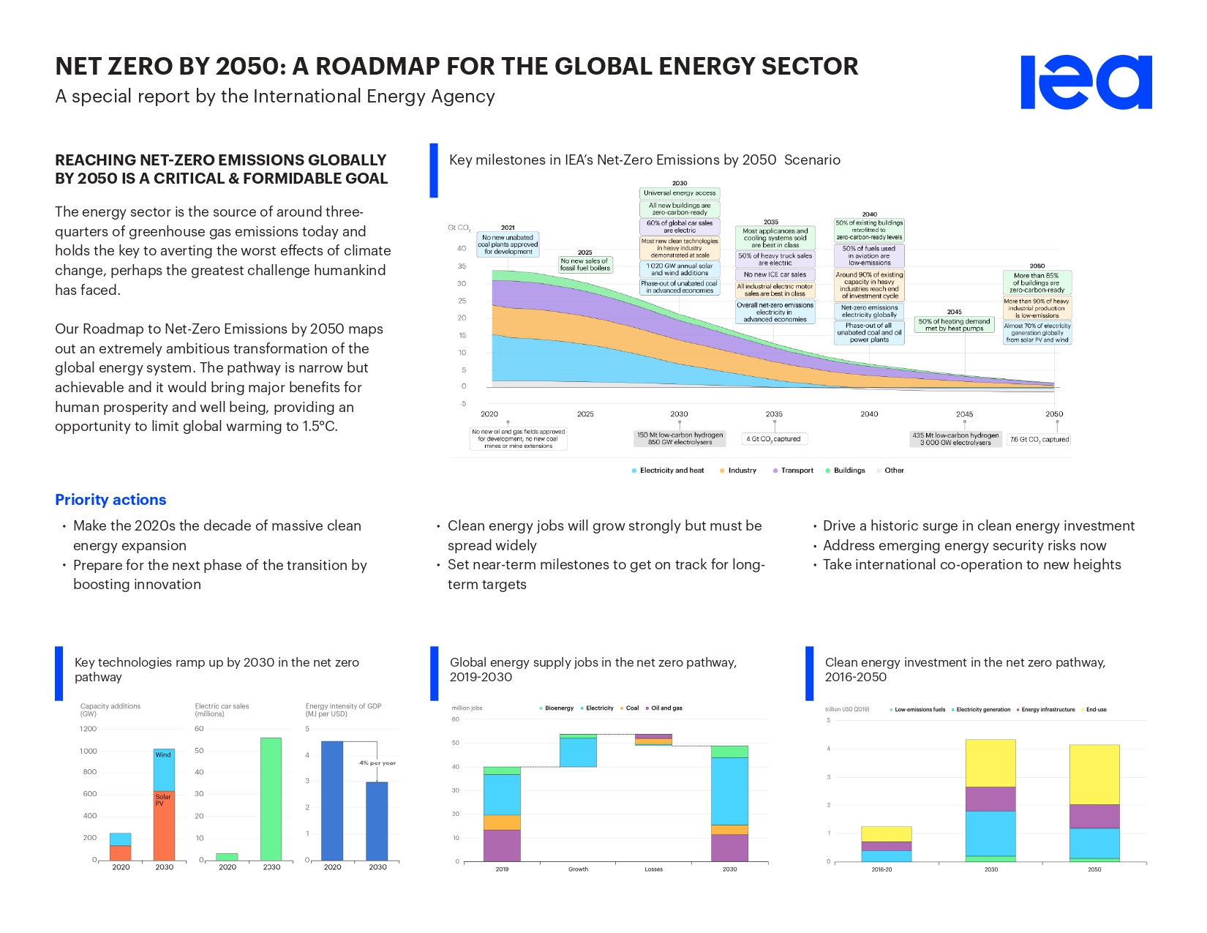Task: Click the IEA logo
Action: click(x=1086, y=82)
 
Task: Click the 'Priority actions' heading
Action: click(x=110, y=500)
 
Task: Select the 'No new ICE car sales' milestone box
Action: click(x=775, y=274)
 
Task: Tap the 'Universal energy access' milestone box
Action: click(x=680, y=193)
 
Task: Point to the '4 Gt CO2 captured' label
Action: click(x=774, y=439)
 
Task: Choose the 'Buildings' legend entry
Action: click(x=849, y=471)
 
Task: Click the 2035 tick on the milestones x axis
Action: click(x=774, y=414)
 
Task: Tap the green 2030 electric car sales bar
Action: click(x=271, y=798)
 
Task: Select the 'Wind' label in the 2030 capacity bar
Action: click(x=163, y=755)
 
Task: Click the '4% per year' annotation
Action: click(x=377, y=763)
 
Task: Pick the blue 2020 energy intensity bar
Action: click(x=332, y=801)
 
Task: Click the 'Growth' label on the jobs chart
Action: click(x=578, y=869)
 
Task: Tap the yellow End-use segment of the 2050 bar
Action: click(x=1094, y=774)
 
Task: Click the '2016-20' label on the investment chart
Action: click(x=881, y=870)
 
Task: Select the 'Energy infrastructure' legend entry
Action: click(x=1048, y=710)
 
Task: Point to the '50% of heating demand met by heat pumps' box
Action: click(x=955, y=325)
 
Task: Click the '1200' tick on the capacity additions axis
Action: click(x=89, y=729)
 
